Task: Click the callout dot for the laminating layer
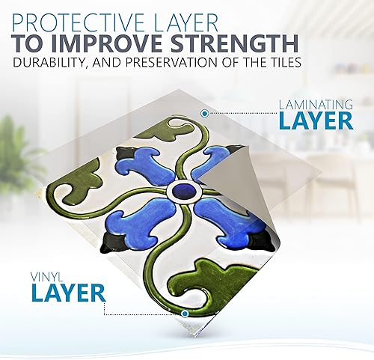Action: coord(204,114)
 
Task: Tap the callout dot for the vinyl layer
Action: coord(184,314)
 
